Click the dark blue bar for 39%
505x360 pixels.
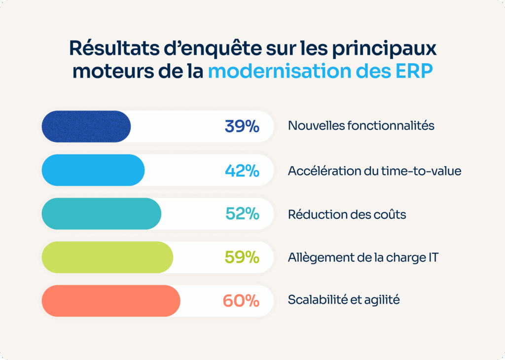coord(86,127)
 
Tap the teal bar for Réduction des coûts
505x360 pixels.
coord(101,214)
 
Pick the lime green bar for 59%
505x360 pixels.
coord(107,257)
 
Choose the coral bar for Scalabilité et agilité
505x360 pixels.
coord(110,300)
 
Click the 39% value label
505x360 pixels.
coord(242,127)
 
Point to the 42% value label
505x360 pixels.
coord(242,171)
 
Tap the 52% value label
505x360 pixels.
coord(242,214)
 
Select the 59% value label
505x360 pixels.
coord(242,257)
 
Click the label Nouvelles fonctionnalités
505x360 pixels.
coord(361,126)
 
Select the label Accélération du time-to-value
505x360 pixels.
coord(374,171)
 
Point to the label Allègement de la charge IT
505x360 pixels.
coord(362,257)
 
